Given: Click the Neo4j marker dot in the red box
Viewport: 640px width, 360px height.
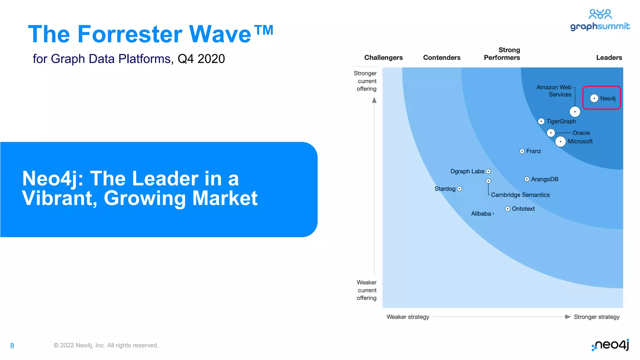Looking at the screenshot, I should [594, 98].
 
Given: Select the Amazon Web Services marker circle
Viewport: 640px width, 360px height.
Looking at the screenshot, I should [575, 112].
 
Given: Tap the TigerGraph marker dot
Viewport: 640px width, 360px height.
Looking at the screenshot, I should [541, 121].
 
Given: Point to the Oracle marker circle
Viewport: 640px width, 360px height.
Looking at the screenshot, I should [551, 133].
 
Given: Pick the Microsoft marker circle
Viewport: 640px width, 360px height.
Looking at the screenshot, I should [561, 142].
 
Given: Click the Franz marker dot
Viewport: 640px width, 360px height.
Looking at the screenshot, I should [522, 151].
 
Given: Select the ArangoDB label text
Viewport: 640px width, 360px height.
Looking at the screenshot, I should [545, 179].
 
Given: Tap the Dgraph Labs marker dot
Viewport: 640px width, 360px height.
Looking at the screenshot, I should [488, 171].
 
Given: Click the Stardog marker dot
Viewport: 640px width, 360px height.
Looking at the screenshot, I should [459, 189].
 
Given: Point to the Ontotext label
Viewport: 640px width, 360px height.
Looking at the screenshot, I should [523, 209].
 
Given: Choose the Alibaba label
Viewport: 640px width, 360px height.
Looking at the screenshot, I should [481, 214].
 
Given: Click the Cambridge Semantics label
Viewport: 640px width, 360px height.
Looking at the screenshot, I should [520, 195].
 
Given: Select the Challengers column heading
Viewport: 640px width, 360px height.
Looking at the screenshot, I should [383, 57].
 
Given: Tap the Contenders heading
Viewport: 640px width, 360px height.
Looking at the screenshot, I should [442, 57].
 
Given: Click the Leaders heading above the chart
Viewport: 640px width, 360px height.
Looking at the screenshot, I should [609, 57].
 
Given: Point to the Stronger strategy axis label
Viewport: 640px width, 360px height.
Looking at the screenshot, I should [597, 317].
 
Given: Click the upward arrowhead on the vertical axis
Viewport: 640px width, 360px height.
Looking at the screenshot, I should [374, 100].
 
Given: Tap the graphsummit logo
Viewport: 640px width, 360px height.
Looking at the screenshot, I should [600, 21].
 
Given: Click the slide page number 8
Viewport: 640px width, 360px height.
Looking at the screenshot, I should [12, 346].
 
